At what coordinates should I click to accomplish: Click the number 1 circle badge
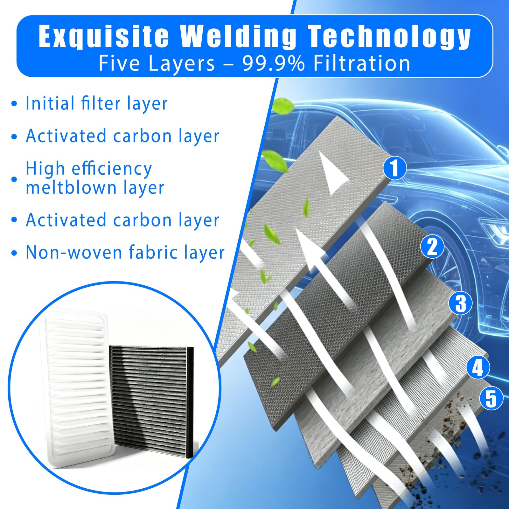395,168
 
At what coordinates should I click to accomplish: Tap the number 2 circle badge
432,246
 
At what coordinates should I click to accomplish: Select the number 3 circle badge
461,303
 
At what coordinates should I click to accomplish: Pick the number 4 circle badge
478,367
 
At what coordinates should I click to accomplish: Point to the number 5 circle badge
491,398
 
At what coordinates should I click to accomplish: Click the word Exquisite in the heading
103,36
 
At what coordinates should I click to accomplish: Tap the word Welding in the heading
238,36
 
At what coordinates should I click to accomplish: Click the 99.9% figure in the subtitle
273,63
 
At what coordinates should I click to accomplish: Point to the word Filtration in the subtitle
362,63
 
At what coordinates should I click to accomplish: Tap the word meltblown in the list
71,187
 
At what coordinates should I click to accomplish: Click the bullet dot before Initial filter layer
14,104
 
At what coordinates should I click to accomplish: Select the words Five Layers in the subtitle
157,63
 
